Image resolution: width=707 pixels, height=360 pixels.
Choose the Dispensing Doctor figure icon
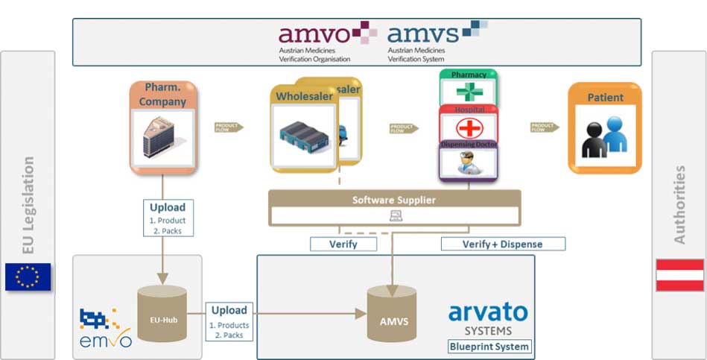coord(468,162)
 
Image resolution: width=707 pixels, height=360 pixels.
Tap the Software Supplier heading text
coord(393,200)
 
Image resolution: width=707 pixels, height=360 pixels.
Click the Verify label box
coord(343,244)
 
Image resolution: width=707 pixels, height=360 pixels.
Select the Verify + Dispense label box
coord(503,244)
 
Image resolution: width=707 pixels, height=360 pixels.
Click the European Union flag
coord(28,277)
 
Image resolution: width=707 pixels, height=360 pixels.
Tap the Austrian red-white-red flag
coord(679,275)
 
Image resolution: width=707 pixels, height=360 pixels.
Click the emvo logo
coord(105,329)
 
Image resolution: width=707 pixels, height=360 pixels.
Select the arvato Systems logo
coord(488,318)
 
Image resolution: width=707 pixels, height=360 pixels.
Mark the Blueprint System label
coord(489,347)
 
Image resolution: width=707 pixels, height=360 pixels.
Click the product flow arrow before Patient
coord(545,127)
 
